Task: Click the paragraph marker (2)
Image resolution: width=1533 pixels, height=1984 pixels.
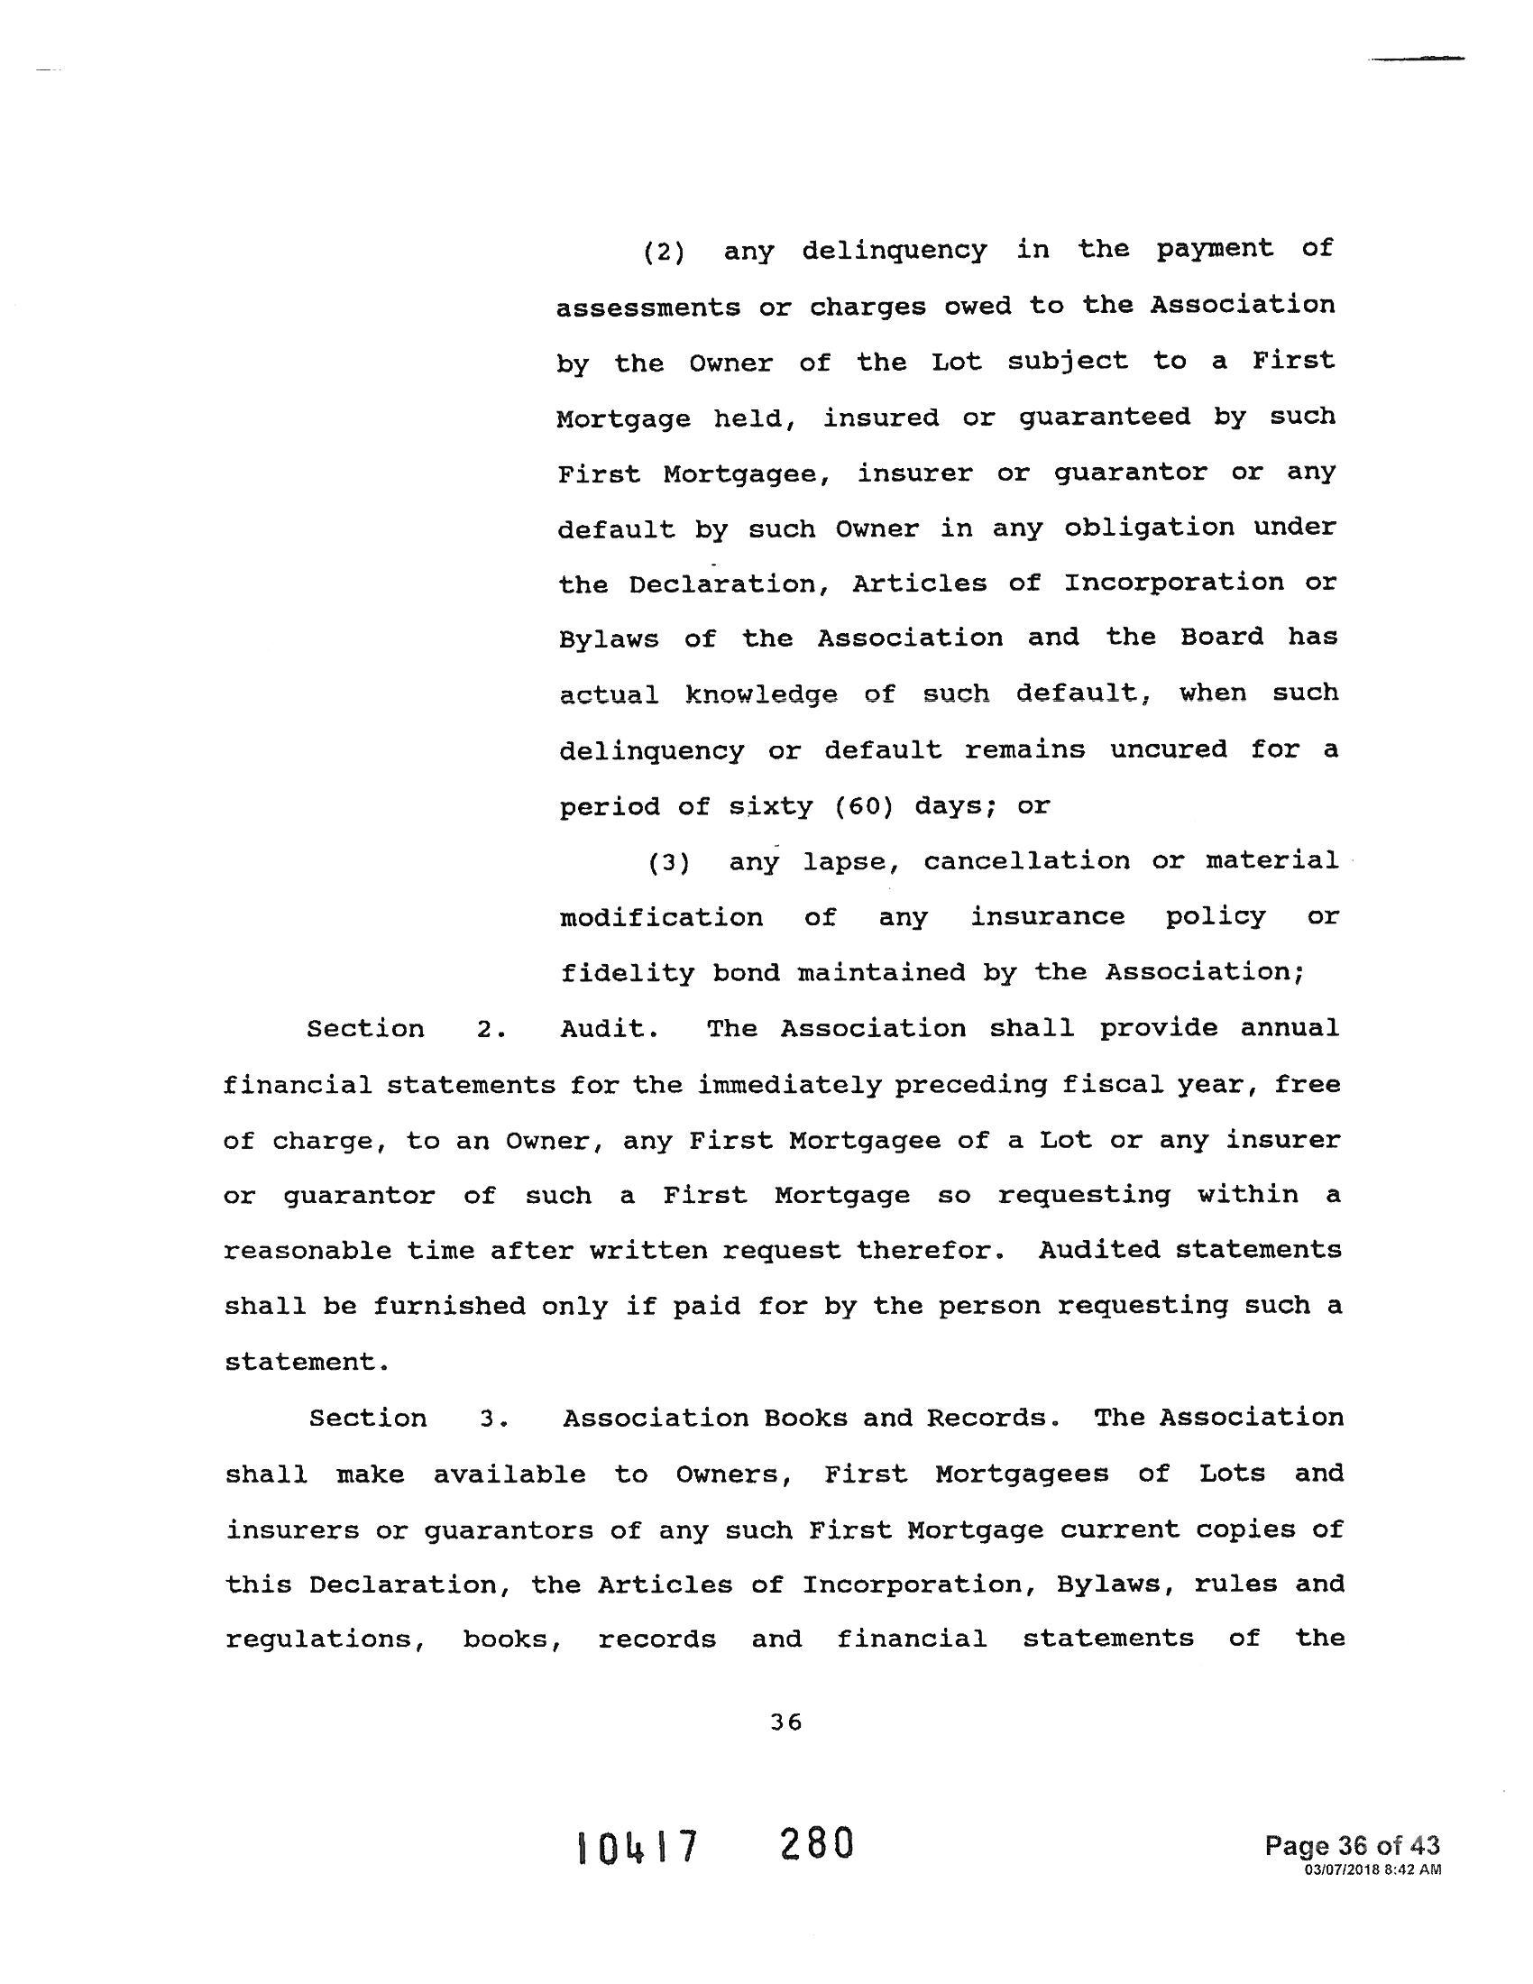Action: [x=664, y=252]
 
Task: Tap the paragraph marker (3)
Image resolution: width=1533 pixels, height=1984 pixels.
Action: [x=668, y=862]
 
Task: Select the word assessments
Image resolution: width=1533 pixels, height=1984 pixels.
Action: [x=647, y=308]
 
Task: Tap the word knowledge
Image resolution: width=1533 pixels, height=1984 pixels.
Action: [x=761, y=695]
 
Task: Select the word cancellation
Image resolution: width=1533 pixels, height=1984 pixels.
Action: [x=1026, y=861]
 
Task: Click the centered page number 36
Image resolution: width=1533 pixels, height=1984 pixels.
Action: [x=785, y=1722]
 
